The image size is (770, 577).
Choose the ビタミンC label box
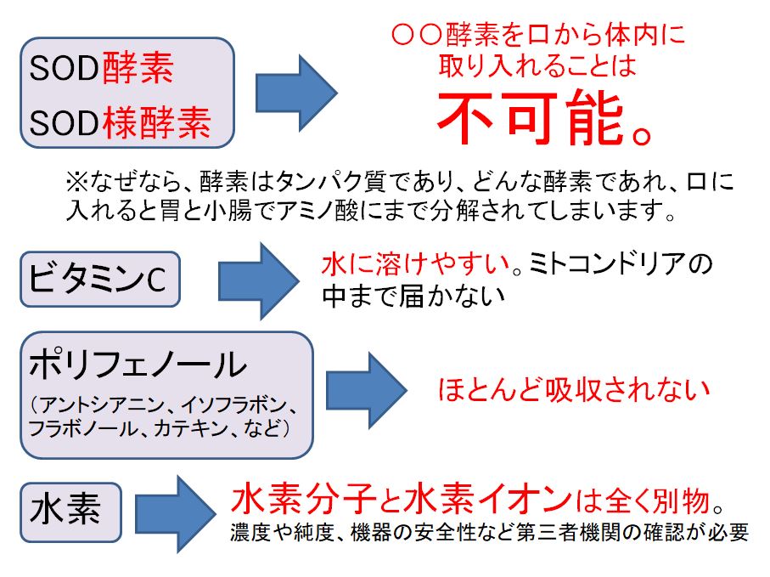(x=101, y=279)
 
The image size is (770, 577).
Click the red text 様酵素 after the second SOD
(x=156, y=126)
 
